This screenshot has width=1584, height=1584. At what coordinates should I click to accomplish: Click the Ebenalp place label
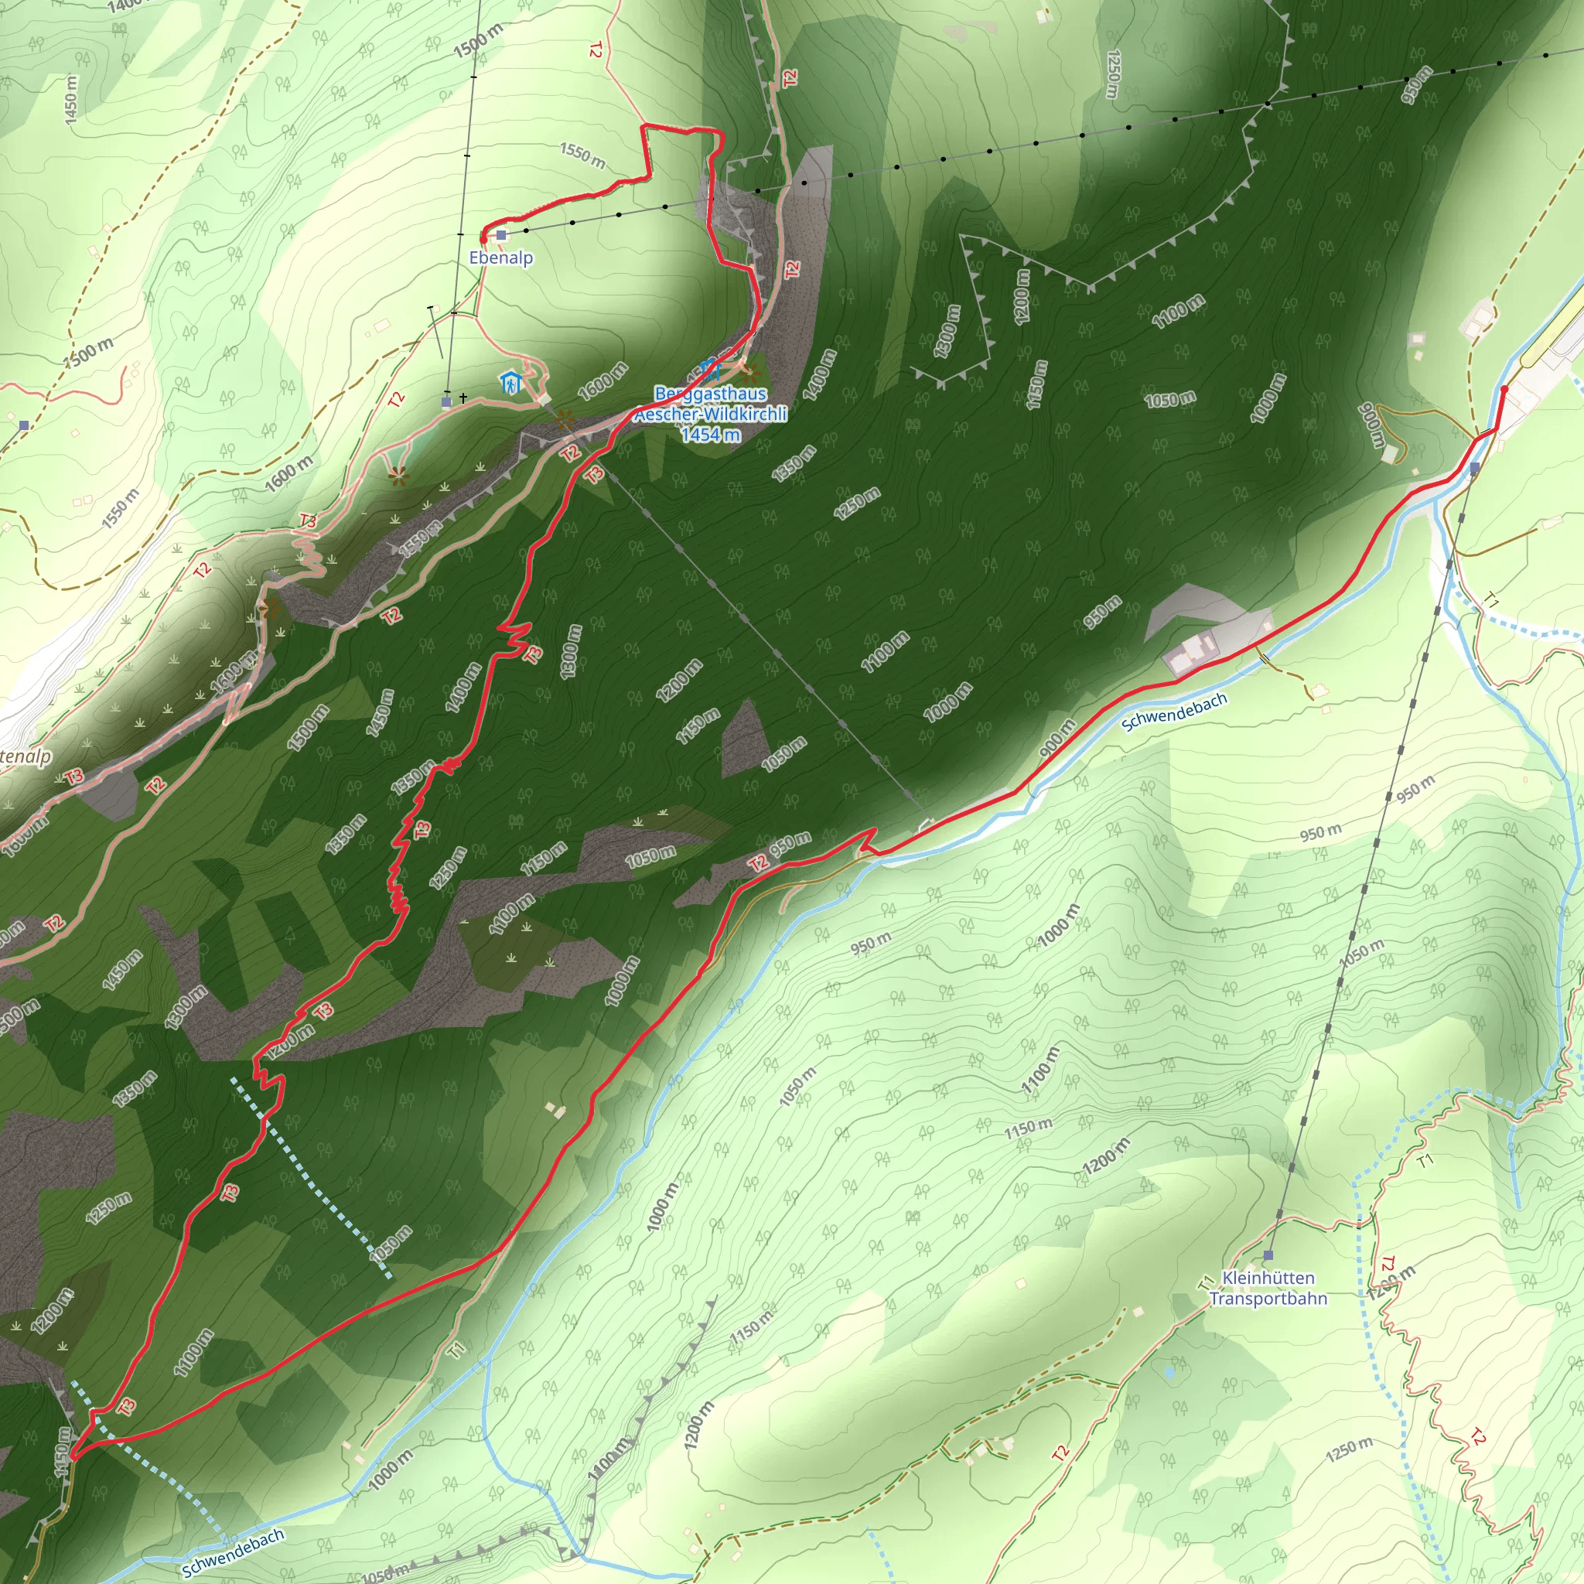point(501,258)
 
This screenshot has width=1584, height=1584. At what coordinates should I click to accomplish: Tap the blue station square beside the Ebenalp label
point(502,235)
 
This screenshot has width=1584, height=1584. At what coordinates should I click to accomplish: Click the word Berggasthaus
point(710,394)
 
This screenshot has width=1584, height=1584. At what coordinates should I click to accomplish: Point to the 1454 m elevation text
point(710,435)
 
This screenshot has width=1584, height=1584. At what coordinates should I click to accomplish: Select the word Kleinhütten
point(1268,1278)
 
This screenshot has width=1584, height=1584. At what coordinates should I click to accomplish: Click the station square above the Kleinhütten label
point(1268,1255)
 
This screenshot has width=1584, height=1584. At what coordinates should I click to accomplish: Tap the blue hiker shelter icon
point(510,382)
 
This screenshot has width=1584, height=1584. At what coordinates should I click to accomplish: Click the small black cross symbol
point(463,398)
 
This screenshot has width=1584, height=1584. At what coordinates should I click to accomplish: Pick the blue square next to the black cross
point(446,402)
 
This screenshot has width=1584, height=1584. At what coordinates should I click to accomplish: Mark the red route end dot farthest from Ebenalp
point(1503,390)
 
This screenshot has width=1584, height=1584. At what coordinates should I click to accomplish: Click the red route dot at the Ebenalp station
point(483,237)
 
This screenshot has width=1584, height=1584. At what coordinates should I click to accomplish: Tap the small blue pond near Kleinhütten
point(1169,1371)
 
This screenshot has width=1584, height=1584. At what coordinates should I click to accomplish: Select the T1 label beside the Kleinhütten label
point(1204,1282)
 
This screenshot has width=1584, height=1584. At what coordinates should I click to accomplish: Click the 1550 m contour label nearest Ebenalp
point(582,155)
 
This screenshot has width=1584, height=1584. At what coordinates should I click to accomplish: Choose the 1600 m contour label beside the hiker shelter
point(603,382)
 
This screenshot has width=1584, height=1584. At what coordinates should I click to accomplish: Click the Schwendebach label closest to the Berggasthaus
point(1174,711)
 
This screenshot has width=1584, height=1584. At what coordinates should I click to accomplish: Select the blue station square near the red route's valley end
point(1475,468)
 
